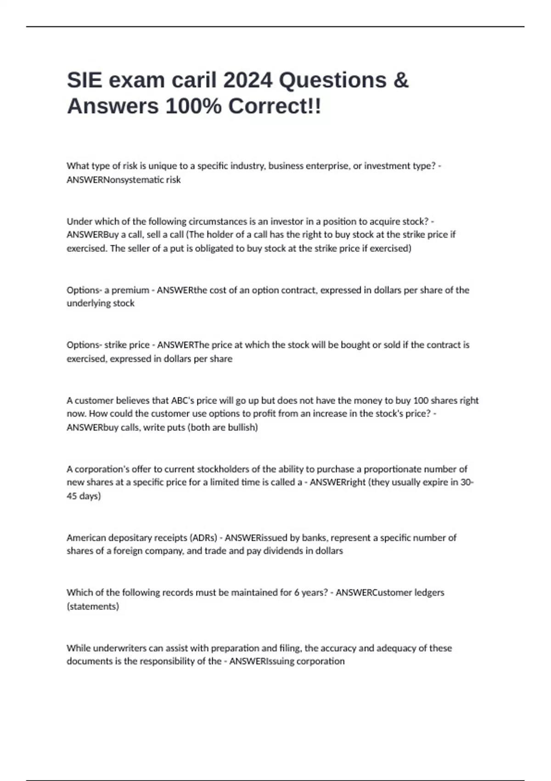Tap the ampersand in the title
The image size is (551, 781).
pyautogui.click(x=401, y=80)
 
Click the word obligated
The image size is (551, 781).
pyautogui.click(x=215, y=249)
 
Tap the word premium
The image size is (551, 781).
pyautogui.click(x=130, y=290)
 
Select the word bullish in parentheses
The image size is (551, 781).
pyautogui.click(x=242, y=428)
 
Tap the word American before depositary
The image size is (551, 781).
pyautogui.click(x=86, y=538)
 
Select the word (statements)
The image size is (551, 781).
pyautogui.click(x=93, y=606)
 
